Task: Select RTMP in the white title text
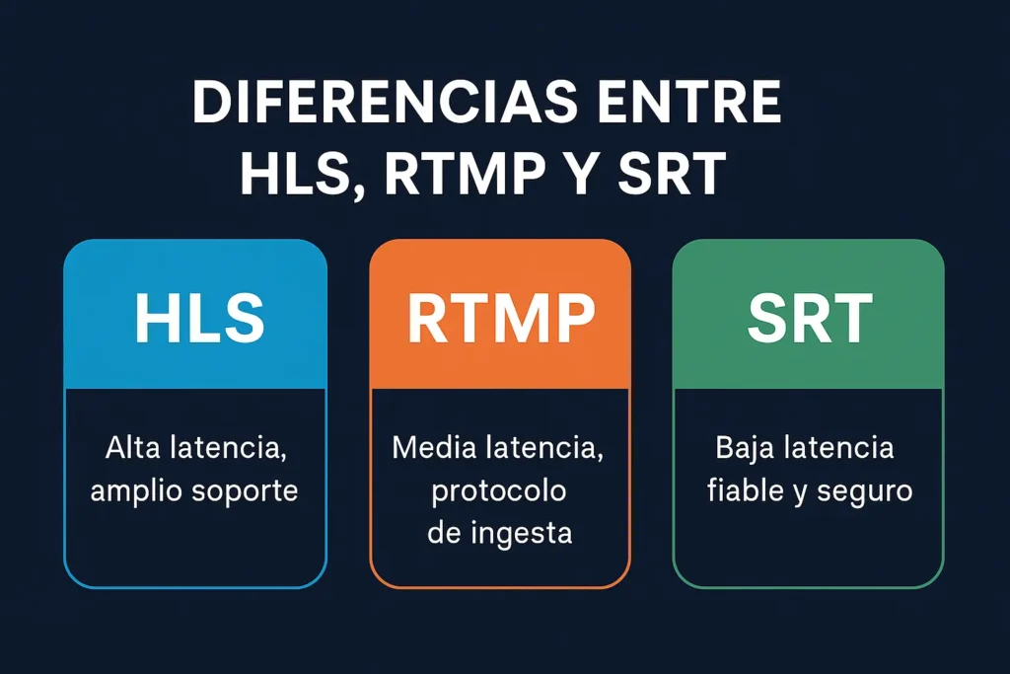coord(466,174)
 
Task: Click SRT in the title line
coord(672,174)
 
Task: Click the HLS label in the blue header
coord(199,318)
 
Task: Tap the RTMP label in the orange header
coord(501,318)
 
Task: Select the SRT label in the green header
coord(811,318)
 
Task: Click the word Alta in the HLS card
coord(133,447)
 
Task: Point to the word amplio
coord(136,492)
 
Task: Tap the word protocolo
coord(498,492)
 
